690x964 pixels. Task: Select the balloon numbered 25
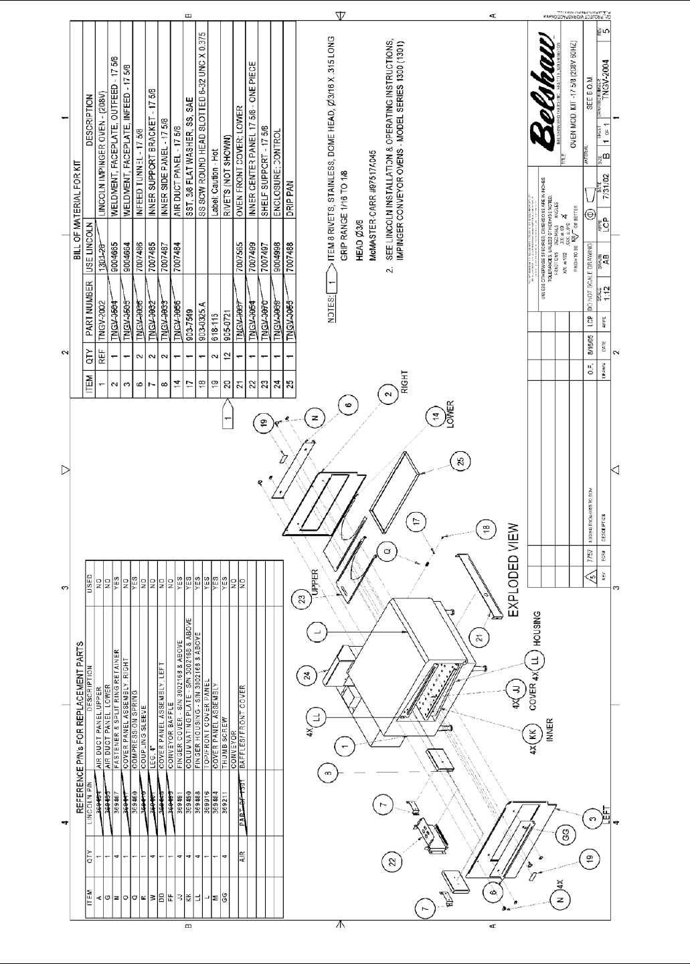(459, 463)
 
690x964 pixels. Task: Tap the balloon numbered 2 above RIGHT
(387, 395)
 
